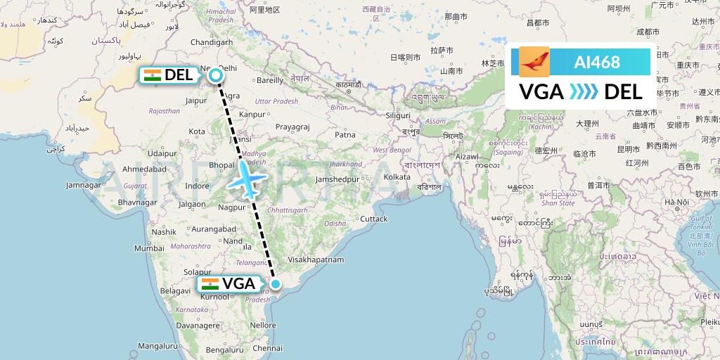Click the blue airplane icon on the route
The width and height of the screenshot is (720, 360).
pos(245,179)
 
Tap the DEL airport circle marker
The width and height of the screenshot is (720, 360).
pos(217,75)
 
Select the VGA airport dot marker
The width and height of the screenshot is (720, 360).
pos(276,284)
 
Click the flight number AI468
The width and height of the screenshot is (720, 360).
pos(597,62)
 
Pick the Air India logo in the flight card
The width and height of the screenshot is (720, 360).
pos(534,62)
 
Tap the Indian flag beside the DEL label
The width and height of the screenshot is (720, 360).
pos(152,75)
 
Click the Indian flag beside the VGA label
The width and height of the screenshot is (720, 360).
pos(210,284)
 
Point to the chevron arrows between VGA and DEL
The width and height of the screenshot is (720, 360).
pos(583,92)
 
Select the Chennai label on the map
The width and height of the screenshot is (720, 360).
pos(268,348)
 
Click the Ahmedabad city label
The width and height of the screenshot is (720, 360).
pos(144,169)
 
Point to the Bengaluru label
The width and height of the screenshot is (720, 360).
pos(206,349)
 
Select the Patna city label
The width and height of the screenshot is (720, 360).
pos(345,134)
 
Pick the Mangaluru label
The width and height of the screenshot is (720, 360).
pos(158,346)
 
